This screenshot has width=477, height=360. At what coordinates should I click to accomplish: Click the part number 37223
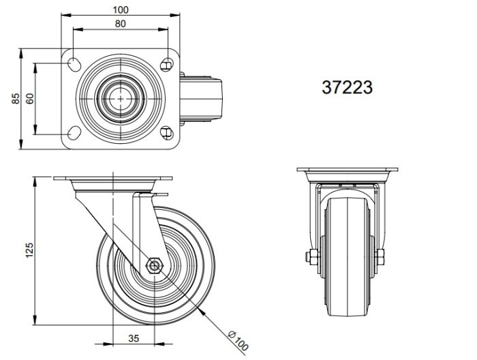[x=347, y=87]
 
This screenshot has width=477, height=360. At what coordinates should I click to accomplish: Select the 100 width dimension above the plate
[x=121, y=10]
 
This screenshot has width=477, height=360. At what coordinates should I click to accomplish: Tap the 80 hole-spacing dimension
[x=121, y=24]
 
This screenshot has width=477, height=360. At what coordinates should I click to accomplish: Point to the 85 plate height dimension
[x=16, y=99]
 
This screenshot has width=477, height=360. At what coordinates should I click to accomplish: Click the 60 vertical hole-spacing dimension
[x=30, y=99]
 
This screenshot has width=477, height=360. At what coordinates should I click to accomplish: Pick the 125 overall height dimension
[x=29, y=250]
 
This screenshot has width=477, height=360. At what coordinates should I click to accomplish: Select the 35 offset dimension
[x=134, y=338]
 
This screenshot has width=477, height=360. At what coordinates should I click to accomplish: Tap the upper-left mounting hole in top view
[x=74, y=63]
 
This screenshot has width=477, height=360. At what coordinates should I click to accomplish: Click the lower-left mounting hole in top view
[x=74, y=133]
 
